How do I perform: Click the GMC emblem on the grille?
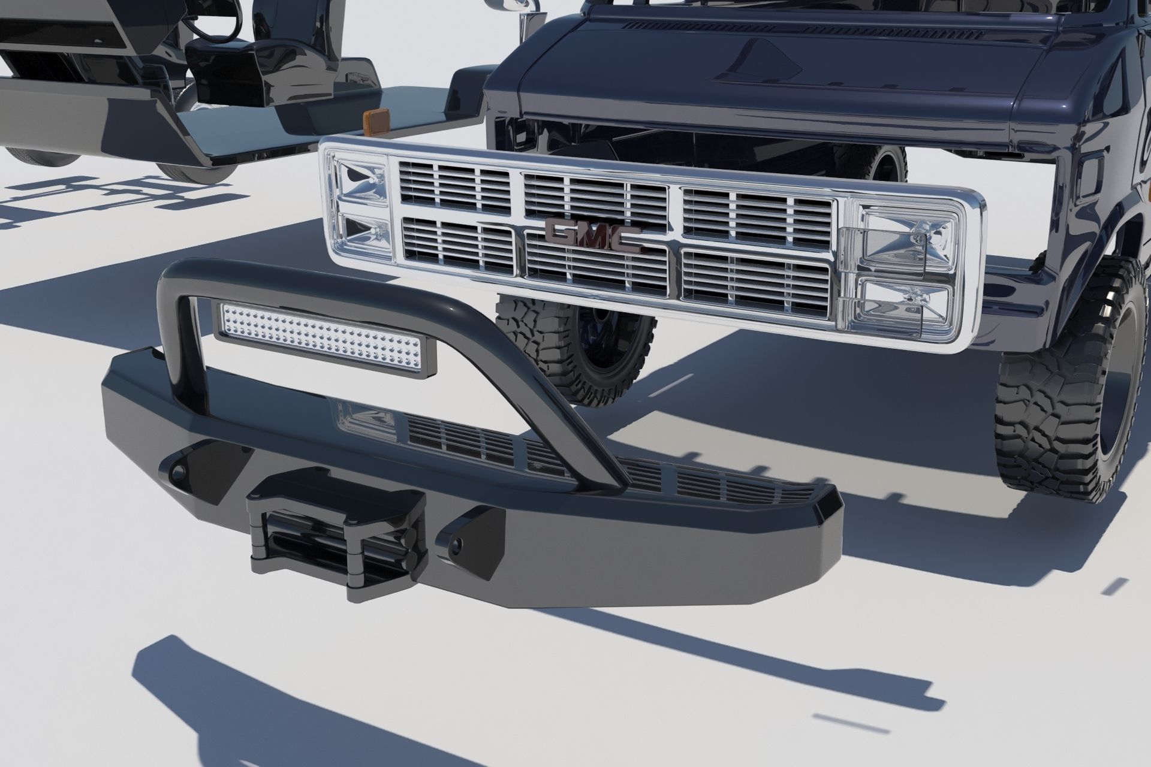click(593, 238)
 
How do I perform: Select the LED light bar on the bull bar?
click(327, 340)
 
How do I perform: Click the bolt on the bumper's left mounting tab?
click(176, 472)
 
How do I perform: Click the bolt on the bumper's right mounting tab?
click(457, 544)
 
